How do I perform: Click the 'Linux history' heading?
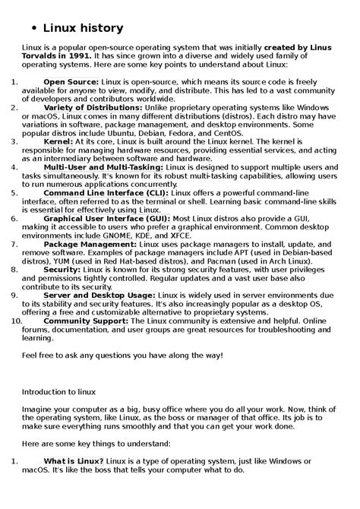click(83, 28)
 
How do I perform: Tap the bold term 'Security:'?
click(62, 269)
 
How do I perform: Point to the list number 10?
click(17, 321)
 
